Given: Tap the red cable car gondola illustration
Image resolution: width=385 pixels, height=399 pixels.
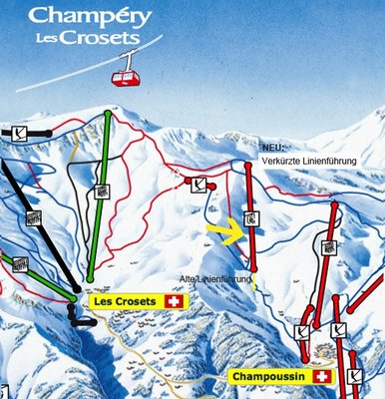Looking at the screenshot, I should click(126, 74).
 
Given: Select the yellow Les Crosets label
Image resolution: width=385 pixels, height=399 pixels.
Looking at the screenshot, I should click(127, 300).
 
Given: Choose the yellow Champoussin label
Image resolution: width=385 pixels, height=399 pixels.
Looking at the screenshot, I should click(268, 376).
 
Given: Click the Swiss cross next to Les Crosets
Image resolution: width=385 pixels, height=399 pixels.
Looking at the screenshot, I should click(177, 300).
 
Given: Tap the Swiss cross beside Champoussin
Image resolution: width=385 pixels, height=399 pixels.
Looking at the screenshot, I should click(321, 376).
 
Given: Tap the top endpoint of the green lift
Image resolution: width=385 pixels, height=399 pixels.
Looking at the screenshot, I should click(108, 114).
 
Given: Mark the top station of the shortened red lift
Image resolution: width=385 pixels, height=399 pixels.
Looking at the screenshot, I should click(248, 166).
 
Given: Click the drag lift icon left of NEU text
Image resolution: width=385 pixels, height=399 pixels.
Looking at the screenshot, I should click(199, 184).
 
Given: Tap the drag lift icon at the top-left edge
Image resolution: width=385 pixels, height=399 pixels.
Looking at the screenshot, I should click(21, 132).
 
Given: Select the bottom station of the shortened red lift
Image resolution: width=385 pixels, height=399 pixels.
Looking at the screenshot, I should click(254, 268).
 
